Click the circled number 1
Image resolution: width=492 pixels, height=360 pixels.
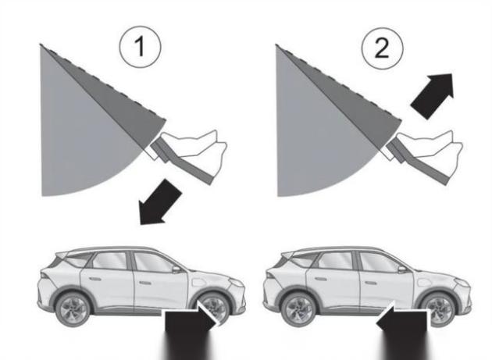click(140, 47)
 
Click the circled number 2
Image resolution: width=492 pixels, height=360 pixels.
click(382, 48)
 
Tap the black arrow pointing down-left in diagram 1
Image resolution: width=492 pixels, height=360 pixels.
click(159, 202)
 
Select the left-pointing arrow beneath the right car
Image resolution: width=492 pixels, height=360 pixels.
click(402, 330)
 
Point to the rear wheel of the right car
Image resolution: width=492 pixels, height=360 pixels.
click(298, 309)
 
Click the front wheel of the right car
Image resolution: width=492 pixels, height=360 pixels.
click(437, 309)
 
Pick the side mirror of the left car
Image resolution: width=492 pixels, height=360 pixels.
click(176, 269)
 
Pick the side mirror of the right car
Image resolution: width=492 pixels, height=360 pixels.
click(402, 269)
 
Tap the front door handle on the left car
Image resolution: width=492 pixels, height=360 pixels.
click(145, 283)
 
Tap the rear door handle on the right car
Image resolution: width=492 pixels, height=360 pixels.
click(321, 279)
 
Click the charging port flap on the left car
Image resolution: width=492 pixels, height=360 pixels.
click(198, 282)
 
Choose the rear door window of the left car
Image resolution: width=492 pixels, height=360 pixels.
click(110, 261)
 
